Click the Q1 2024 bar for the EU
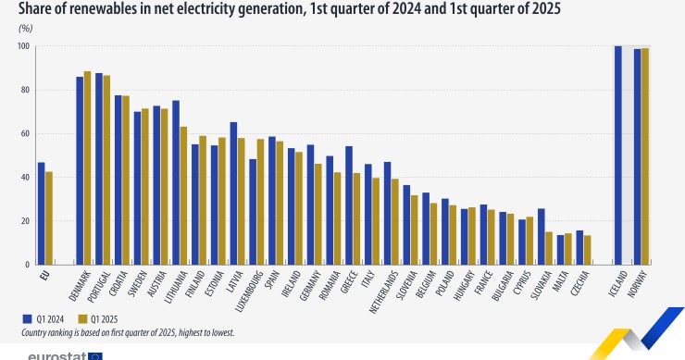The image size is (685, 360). point(41,214)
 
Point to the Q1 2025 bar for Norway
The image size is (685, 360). point(644,156)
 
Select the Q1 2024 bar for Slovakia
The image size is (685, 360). point(542,237)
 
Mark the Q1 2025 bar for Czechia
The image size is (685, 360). point(587,250)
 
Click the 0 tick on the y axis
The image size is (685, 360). point(28,265)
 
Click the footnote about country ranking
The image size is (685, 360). point(128,330)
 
